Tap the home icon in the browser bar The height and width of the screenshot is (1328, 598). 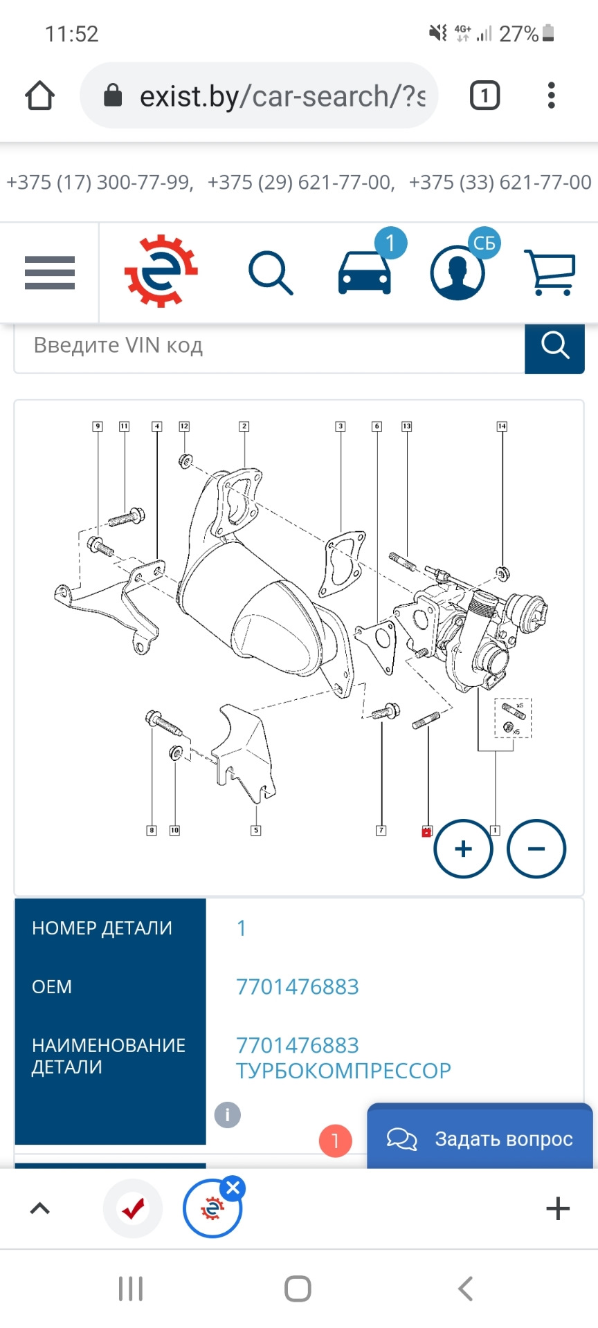pos(39,95)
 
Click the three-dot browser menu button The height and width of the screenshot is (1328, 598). pos(551,95)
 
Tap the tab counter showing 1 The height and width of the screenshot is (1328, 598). pos(484,95)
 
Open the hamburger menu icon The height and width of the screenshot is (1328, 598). pos(50,273)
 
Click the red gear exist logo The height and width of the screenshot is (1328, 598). pos(161,271)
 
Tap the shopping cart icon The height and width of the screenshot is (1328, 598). pos(551,273)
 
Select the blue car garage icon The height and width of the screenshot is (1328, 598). pos(365,273)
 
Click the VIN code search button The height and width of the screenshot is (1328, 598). pos(554,345)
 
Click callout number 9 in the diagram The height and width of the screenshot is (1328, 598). pos(98,427)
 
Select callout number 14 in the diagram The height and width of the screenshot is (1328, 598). pos(502,427)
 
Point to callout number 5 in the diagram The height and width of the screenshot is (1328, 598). pos(256,830)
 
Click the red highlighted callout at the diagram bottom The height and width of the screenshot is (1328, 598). pos(426,831)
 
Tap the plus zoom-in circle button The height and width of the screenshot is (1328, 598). pos(463,849)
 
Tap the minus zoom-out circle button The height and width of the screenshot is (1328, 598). pos(536,849)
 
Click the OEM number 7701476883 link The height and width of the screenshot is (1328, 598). pos(298,986)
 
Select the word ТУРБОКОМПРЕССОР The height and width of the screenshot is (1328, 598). pos(343,1071)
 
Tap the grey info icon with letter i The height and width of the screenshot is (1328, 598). pos(228,1114)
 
